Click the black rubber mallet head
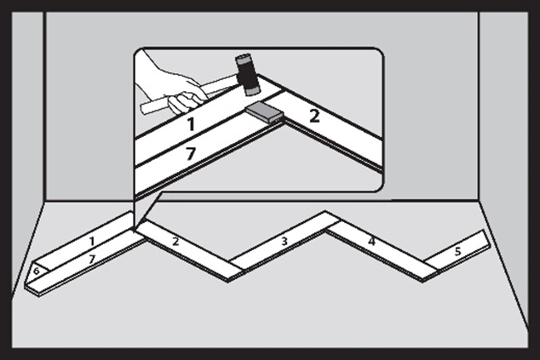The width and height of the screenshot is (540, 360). [x=247, y=75]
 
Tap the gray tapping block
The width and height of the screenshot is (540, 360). [x=265, y=112]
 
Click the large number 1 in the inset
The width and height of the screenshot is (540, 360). [x=191, y=124]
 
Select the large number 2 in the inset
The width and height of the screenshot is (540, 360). [x=314, y=116]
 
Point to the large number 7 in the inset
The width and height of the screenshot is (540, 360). [x=191, y=153]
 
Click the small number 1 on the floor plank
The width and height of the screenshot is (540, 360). [x=91, y=241]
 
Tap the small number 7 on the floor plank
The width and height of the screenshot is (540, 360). [x=92, y=259]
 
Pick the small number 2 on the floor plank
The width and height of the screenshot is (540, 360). [x=175, y=242]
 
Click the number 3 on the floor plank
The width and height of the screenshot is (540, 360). [x=284, y=241]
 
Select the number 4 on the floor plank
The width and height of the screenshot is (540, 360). [x=371, y=242]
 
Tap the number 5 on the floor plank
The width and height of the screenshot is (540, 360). [x=457, y=252]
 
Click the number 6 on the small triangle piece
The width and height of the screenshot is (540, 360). [x=36, y=271]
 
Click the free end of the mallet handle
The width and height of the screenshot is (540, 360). [x=143, y=110]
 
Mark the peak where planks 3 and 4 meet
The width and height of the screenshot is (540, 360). [x=325, y=212]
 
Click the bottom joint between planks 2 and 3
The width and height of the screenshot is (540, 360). [x=229, y=281]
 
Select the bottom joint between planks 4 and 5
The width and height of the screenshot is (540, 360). [x=423, y=282]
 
